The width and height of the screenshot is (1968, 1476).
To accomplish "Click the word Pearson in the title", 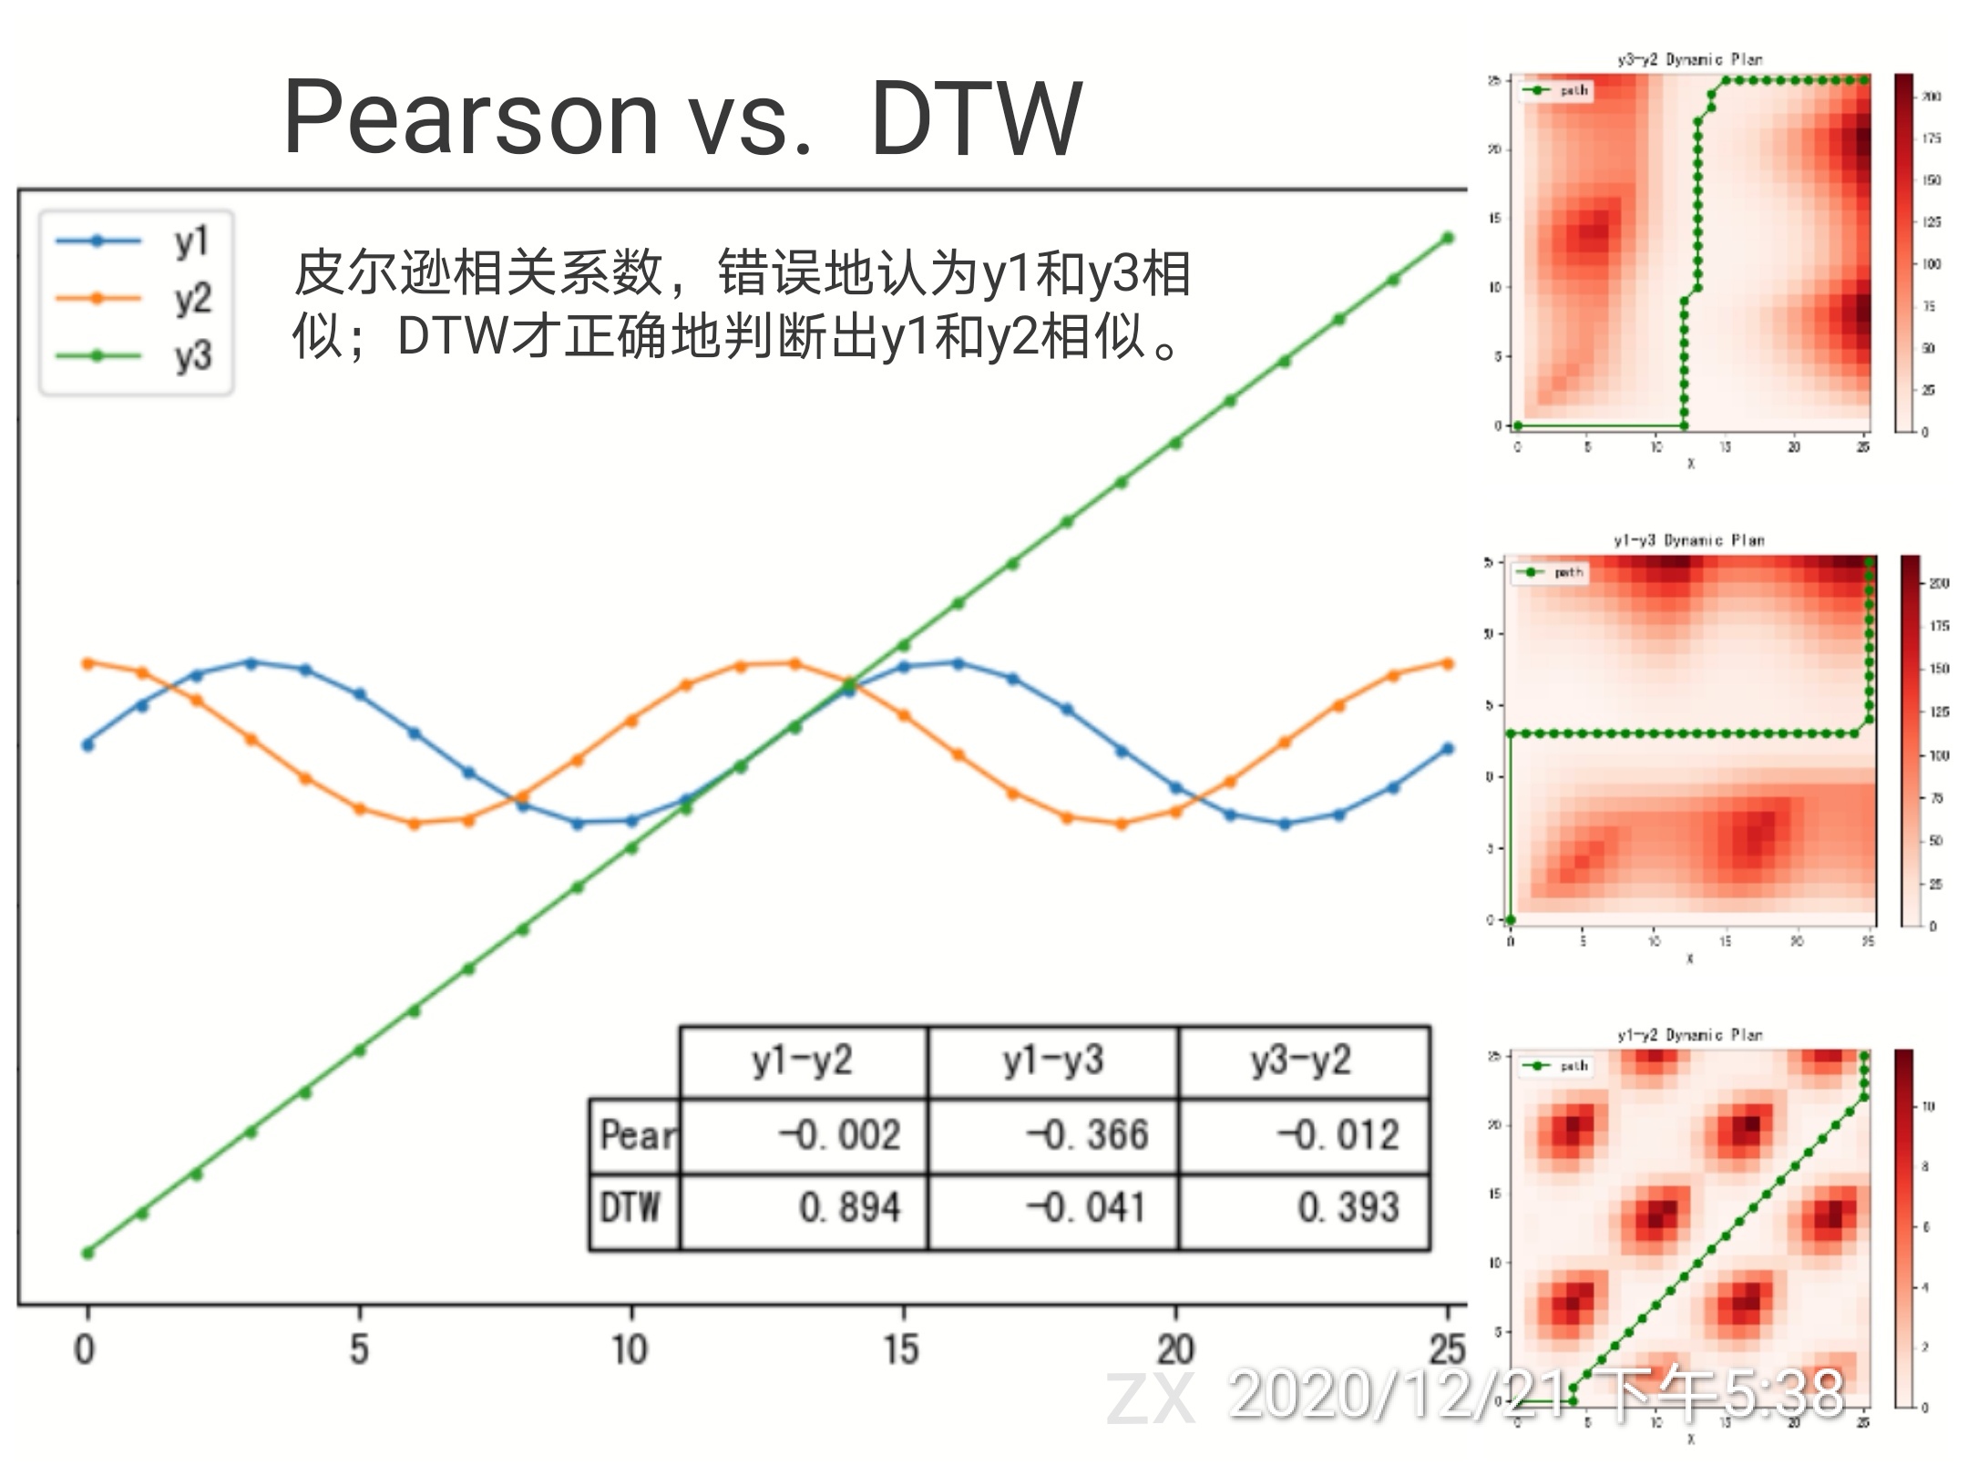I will (x=470, y=118).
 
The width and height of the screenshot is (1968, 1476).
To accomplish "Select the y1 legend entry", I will (x=137, y=241).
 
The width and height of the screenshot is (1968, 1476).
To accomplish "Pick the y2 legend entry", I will (x=137, y=298).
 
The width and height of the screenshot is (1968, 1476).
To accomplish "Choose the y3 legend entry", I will (x=137, y=355).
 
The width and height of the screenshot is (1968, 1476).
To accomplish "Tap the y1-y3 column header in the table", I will (x=1053, y=1061).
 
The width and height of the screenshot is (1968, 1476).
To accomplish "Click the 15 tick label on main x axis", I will (x=901, y=1349).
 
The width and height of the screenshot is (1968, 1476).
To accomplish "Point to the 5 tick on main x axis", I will (x=359, y=1349).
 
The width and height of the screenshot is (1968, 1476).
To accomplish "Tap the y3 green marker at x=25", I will (x=1448, y=239).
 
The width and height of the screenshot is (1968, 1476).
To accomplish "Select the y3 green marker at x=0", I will (x=87, y=1254).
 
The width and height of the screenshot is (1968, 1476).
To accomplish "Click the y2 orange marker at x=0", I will (x=87, y=663).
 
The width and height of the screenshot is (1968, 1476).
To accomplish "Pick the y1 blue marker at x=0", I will (x=87, y=745).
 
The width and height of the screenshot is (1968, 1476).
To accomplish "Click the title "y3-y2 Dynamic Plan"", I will (x=1689, y=59).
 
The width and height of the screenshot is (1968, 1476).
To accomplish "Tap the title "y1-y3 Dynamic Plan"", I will (x=1689, y=540).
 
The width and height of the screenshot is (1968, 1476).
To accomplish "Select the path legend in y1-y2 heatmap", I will (x=1556, y=1066).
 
